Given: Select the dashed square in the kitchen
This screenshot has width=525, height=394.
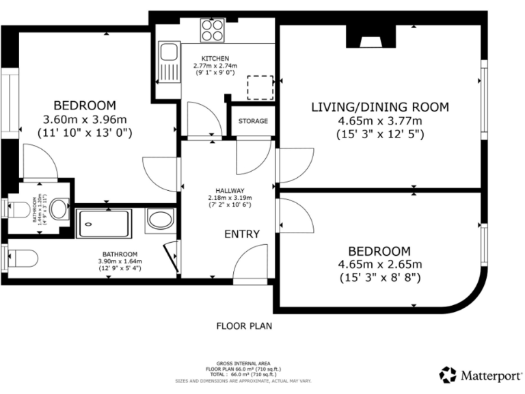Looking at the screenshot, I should click(x=260, y=87).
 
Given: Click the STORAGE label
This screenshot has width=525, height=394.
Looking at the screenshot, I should click(x=252, y=121).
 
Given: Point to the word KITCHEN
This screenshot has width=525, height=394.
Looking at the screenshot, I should click(x=215, y=58).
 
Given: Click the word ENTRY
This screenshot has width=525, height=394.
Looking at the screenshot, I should click(x=242, y=234).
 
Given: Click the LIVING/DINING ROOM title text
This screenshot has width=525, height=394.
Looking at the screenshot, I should click(x=380, y=107).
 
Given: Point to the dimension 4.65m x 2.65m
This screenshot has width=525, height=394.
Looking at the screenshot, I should click(x=380, y=264).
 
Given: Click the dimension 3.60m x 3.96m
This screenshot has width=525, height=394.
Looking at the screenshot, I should click(x=85, y=120).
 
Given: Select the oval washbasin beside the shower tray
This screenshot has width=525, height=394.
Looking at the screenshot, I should click(x=161, y=220).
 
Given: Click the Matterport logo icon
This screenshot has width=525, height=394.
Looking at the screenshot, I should click(x=448, y=374).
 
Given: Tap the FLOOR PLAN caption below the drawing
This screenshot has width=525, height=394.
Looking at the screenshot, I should click(x=244, y=326).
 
